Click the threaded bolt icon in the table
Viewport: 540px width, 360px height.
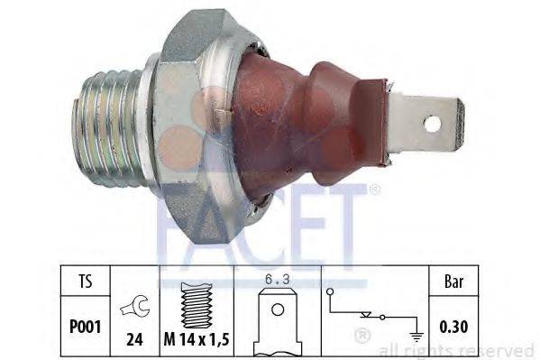(x=196, y=302)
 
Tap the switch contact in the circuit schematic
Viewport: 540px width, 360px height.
(x=369, y=316)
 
